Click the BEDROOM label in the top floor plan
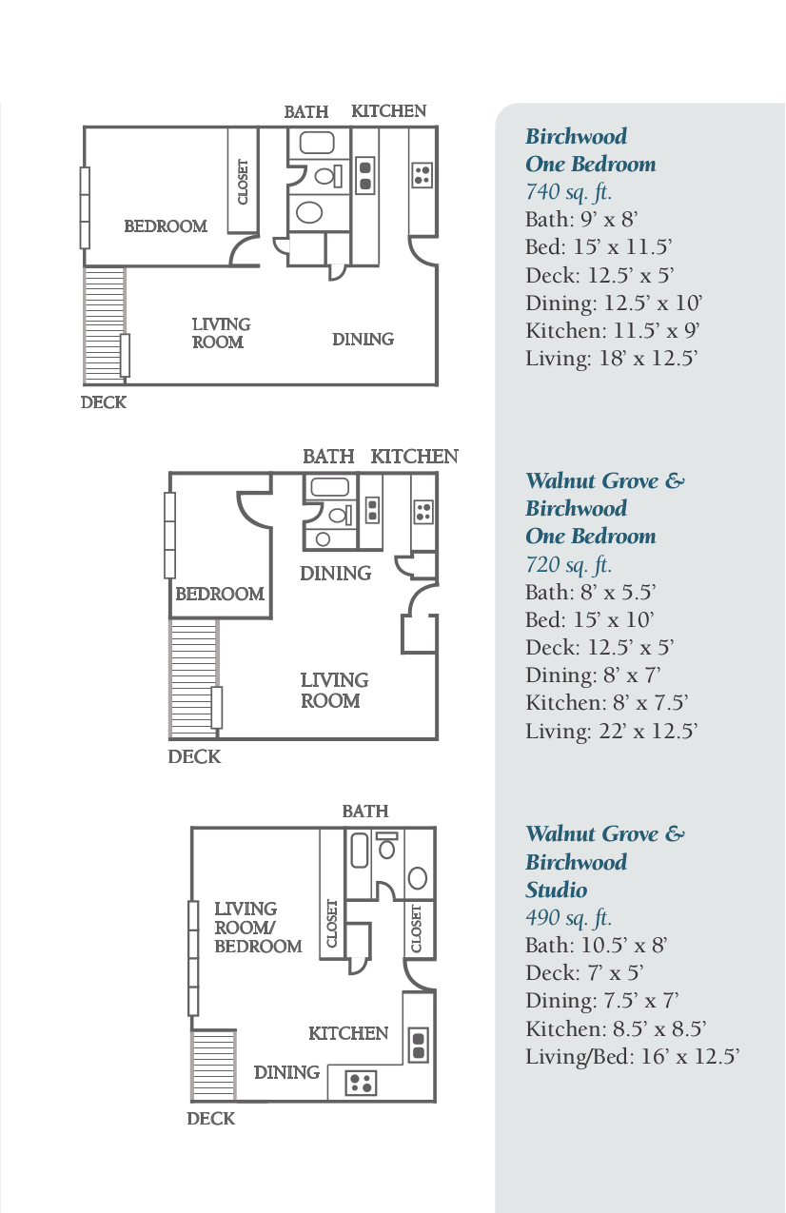pos(166,226)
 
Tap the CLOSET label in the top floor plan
pos(243,181)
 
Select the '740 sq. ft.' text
pos(568,192)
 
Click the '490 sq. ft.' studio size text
pos(568,918)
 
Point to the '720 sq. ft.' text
pos(568,565)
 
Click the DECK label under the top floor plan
pos(103,402)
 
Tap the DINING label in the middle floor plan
pos(335,574)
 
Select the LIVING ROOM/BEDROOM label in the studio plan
pos(257,928)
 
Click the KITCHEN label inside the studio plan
pos(348,1033)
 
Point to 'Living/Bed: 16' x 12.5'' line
pos(632,1057)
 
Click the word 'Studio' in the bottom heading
pos(557,890)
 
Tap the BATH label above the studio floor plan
pos(365,812)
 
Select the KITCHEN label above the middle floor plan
pos(414,457)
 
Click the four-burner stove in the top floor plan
pos(422,175)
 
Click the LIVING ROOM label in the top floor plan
pos(221,333)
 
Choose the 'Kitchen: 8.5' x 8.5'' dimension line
pos(615,1029)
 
